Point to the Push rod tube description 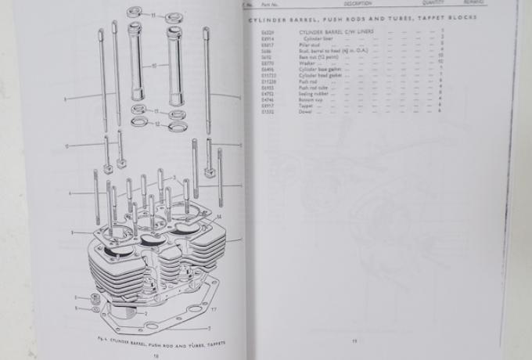tap(313, 88)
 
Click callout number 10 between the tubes tap(155, 65)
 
